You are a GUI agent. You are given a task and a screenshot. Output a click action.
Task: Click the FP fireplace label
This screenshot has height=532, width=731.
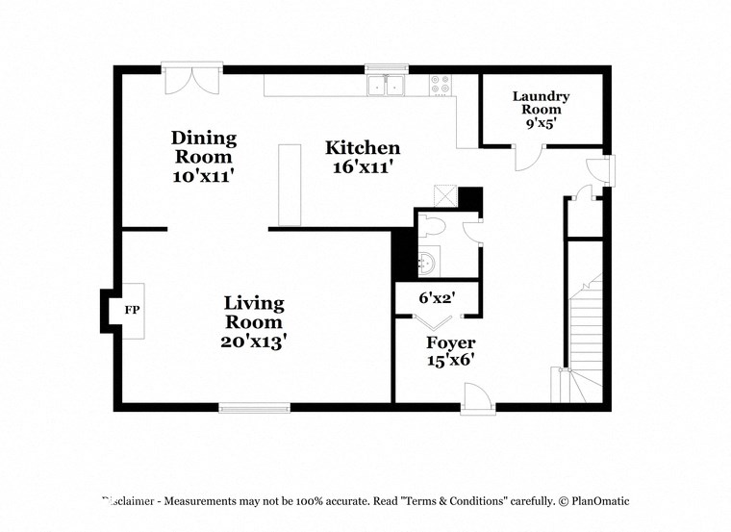(131, 311)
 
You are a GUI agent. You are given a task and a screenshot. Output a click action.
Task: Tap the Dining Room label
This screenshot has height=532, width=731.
(203, 147)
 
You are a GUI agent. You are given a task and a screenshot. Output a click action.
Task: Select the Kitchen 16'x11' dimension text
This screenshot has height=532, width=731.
(362, 166)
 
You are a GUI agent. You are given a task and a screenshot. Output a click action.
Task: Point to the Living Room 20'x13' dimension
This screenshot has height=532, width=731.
(254, 341)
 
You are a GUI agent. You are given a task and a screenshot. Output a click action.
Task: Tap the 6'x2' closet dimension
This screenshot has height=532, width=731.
(437, 298)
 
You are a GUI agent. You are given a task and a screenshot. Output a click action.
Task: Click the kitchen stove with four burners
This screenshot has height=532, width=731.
(441, 86)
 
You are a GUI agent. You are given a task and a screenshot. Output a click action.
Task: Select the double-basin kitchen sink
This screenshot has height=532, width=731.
(388, 87)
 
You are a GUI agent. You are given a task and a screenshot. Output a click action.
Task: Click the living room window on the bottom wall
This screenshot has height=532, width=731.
(254, 408)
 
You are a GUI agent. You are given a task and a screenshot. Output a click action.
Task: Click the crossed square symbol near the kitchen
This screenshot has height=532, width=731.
(444, 195)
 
